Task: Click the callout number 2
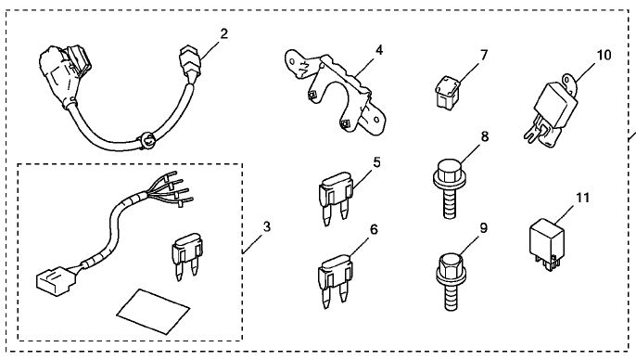(x=224, y=33)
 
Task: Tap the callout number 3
(x=266, y=226)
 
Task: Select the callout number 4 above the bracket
(x=379, y=50)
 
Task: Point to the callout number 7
(x=484, y=55)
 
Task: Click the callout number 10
(x=604, y=55)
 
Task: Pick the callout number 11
(x=582, y=198)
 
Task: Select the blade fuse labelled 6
(x=335, y=281)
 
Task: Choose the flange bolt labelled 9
(x=451, y=281)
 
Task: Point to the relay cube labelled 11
(x=547, y=244)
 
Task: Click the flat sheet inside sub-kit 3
(x=153, y=311)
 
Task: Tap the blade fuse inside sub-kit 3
(x=187, y=256)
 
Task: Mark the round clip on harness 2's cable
(x=148, y=140)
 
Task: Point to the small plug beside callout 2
(x=190, y=65)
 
